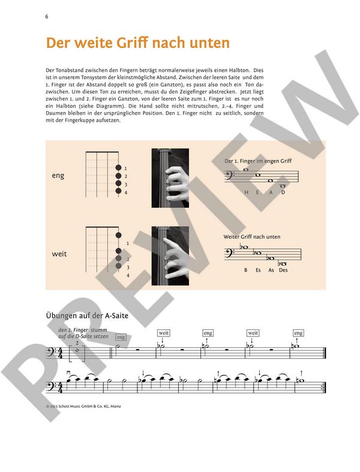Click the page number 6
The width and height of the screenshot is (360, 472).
click(x=46, y=16)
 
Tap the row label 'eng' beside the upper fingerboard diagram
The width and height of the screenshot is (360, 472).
click(x=58, y=176)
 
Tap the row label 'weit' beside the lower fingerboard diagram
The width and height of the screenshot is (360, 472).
click(x=59, y=254)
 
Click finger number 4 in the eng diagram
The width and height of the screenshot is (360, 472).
click(x=126, y=193)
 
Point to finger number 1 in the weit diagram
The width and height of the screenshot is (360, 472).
click(x=128, y=243)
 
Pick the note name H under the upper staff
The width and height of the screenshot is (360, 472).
click(x=246, y=193)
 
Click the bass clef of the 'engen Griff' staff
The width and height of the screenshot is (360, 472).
click(x=230, y=177)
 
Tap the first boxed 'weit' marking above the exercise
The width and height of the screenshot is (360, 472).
click(x=164, y=332)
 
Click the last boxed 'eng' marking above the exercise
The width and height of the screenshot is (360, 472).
click(x=298, y=332)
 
